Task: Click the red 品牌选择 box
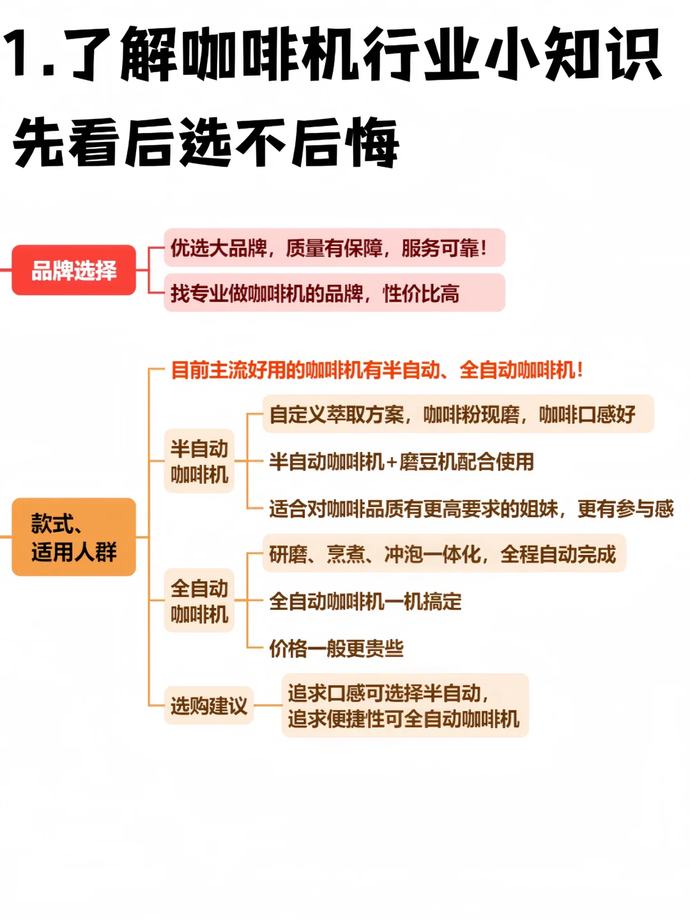coord(73,270)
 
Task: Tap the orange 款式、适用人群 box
coord(73,537)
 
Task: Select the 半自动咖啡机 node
coord(199,461)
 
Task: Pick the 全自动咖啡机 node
coord(199,601)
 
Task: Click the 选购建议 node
coord(208,706)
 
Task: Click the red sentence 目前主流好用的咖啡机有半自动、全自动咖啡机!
coord(377,370)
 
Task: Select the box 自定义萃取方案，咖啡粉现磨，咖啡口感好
coord(457,414)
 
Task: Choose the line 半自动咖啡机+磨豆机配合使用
coord(401,462)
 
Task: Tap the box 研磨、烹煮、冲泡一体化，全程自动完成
coord(443,554)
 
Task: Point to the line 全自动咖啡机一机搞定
coord(365,602)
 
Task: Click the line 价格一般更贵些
coord(336,649)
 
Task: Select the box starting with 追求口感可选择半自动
coord(404,706)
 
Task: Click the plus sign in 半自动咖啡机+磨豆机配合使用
coord(392,462)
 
